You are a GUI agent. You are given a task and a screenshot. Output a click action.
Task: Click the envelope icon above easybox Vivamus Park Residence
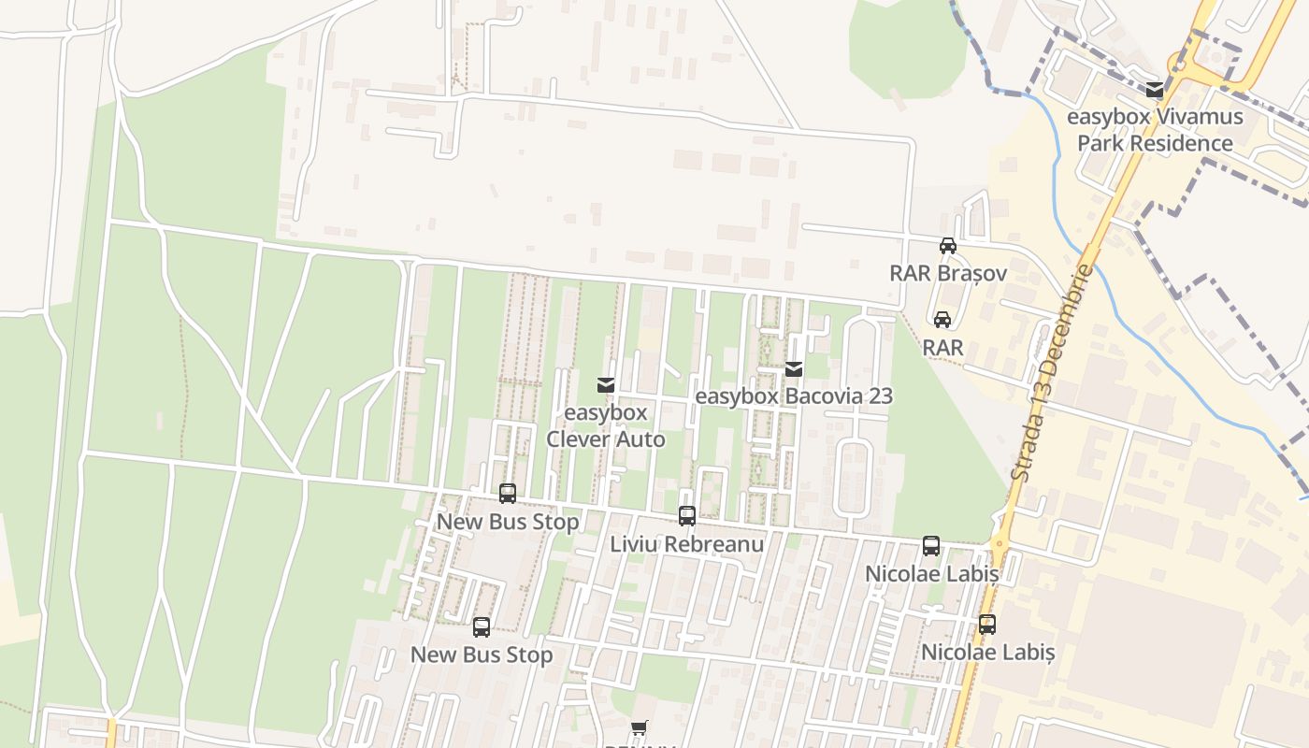1155,91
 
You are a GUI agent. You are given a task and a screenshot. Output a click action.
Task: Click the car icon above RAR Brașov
947,246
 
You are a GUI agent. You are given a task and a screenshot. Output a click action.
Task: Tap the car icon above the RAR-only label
942,320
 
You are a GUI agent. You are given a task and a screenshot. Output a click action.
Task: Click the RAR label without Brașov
942,348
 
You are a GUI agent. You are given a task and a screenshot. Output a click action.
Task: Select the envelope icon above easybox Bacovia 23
794,369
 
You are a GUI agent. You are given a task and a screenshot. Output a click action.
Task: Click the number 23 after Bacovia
880,396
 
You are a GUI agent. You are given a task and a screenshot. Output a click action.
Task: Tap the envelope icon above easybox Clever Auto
605,385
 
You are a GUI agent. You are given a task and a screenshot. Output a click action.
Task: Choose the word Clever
581,439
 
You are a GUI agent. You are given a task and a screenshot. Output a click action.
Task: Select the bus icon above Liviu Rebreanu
687,516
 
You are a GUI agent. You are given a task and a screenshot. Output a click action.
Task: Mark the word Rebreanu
716,544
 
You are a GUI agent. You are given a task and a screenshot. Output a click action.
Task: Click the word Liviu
634,544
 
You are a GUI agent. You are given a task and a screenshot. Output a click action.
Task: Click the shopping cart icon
640,727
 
